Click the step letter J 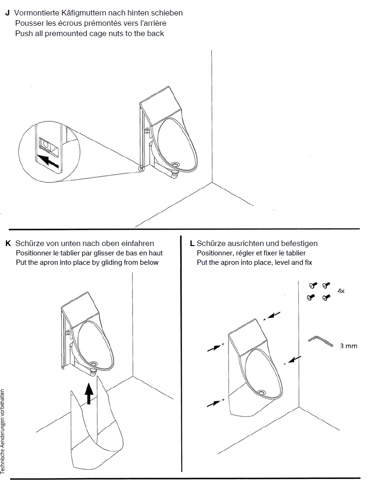[7, 13]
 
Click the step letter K [7, 244]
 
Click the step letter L [192, 244]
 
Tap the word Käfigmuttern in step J [79, 13]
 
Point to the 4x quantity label [341, 291]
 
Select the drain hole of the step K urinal [94, 364]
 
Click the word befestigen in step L [299, 244]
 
